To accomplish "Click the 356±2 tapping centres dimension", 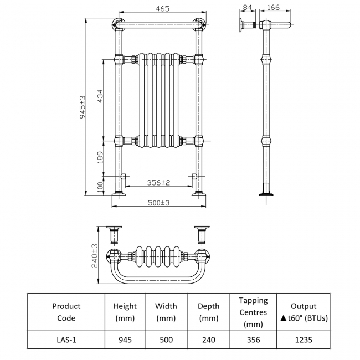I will (x=158, y=182).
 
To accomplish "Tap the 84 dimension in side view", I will (x=246, y=7).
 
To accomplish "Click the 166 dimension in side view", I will (x=272, y=7).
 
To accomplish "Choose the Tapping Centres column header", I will (x=253, y=312).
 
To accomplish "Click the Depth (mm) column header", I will (x=208, y=312).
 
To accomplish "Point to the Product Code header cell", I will (x=66, y=312).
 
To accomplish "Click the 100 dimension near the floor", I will (x=100, y=187).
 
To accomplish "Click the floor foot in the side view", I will (x=267, y=193).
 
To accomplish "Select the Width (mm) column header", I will (x=166, y=312).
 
